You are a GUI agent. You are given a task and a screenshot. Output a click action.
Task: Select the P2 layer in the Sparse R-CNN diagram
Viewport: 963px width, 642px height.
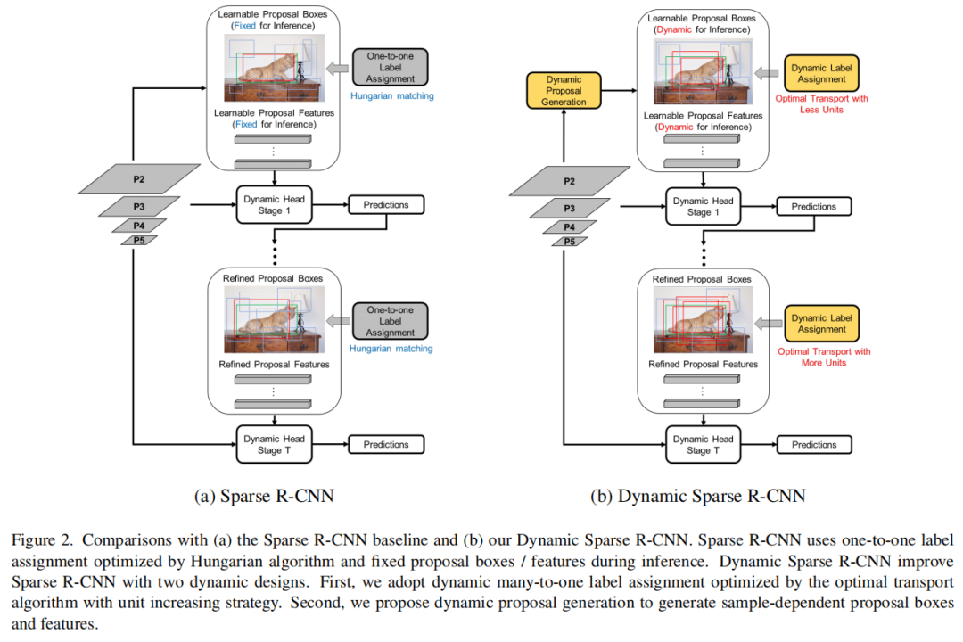pyautogui.click(x=138, y=180)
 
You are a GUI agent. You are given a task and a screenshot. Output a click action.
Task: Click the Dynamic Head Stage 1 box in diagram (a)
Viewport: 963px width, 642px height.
pyautogui.click(x=274, y=204)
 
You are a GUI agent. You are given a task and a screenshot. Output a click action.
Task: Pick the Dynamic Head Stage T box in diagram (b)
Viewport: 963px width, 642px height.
pyautogui.click(x=704, y=444)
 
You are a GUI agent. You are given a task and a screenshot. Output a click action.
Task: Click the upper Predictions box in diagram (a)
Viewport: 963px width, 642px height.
pyautogui.click(x=386, y=205)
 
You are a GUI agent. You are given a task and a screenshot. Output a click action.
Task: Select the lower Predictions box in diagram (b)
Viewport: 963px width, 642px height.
pyautogui.click(x=814, y=444)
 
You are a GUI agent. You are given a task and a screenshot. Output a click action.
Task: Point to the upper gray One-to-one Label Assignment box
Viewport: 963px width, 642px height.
pyautogui.click(x=391, y=67)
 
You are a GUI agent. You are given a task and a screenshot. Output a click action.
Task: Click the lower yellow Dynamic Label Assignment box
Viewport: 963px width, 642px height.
pyautogui.click(x=821, y=324)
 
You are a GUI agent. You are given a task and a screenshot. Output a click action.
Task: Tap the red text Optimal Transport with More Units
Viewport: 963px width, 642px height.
pyautogui.click(x=823, y=357)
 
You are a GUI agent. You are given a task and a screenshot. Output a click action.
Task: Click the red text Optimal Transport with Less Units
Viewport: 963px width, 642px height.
pyautogui.click(x=821, y=103)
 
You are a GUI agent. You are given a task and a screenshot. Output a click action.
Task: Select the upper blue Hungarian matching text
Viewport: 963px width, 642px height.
pyautogui.click(x=391, y=95)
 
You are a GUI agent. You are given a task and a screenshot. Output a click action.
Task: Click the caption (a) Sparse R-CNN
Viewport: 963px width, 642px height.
pyautogui.click(x=258, y=497)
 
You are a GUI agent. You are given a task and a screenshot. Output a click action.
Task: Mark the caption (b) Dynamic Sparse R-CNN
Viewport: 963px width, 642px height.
pyautogui.click(x=697, y=497)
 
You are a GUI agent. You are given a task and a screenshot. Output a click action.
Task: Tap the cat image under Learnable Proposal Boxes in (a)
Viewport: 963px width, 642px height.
pyautogui.click(x=274, y=68)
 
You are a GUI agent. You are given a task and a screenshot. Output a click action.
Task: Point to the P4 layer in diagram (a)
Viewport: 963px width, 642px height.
pyautogui.click(x=138, y=226)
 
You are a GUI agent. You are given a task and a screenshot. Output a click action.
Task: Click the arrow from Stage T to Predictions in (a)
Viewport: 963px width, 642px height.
pyautogui.click(x=329, y=444)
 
